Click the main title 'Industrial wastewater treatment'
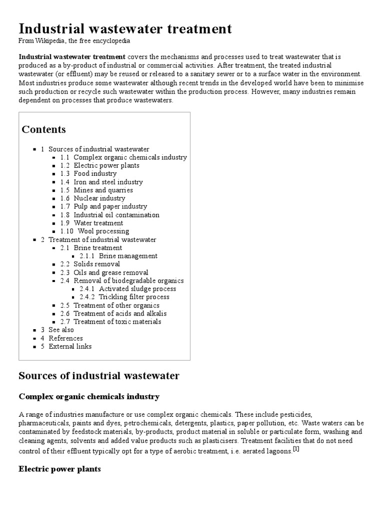(x=125, y=29)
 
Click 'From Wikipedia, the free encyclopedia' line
(x=74, y=41)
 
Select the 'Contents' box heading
(x=43, y=130)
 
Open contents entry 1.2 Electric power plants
(x=100, y=165)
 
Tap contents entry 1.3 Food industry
(x=88, y=174)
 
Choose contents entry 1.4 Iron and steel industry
(x=101, y=182)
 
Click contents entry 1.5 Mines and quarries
(x=96, y=190)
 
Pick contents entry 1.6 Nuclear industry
(x=93, y=198)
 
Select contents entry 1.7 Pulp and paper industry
(x=103, y=206)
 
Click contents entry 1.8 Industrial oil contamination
(x=110, y=215)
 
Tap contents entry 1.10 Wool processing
(x=94, y=231)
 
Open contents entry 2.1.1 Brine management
(x=118, y=256)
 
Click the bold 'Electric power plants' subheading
(x=59, y=469)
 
